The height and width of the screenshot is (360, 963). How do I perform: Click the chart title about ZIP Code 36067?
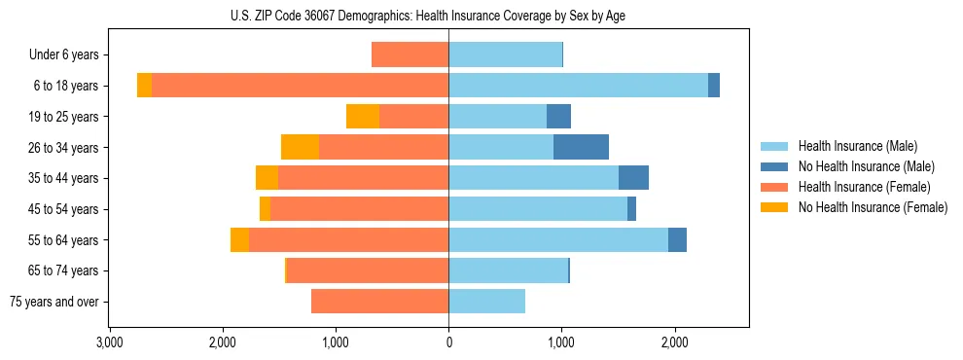click(x=428, y=16)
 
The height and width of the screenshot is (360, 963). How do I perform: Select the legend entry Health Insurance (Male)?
click(x=857, y=146)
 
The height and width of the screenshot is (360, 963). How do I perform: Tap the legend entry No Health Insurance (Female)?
click(x=873, y=207)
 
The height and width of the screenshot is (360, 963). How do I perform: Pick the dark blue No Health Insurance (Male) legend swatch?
click(x=776, y=166)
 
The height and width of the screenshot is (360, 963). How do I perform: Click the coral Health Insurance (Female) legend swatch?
click(x=776, y=187)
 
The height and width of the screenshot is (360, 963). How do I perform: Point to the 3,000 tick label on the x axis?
click(x=109, y=342)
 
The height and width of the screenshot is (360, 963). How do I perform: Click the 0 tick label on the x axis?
click(x=448, y=342)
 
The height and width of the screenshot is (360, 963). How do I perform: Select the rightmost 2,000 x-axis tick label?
click(x=674, y=342)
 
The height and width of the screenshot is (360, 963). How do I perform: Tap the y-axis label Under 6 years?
click(x=70, y=55)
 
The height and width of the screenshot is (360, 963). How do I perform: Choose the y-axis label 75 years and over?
click(x=54, y=302)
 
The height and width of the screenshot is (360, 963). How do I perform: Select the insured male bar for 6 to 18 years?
click(x=578, y=86)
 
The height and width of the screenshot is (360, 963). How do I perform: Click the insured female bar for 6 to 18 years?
click(x=300, y=86)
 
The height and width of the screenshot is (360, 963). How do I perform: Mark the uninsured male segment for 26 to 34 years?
click(x=581, y=147)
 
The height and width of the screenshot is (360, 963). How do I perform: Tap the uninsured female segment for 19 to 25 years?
click(x=363, y=117)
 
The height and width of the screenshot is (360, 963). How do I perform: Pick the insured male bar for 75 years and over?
click(x=486, y=302)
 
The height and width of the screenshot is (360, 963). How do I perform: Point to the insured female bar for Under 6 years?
click(x=410, y=55)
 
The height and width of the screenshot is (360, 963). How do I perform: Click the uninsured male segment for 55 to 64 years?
click(x=677, y=239)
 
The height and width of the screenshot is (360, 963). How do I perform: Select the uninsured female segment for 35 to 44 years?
click(x=267, y=178)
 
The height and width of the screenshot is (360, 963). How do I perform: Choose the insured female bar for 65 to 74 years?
click(x=368, y=270)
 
